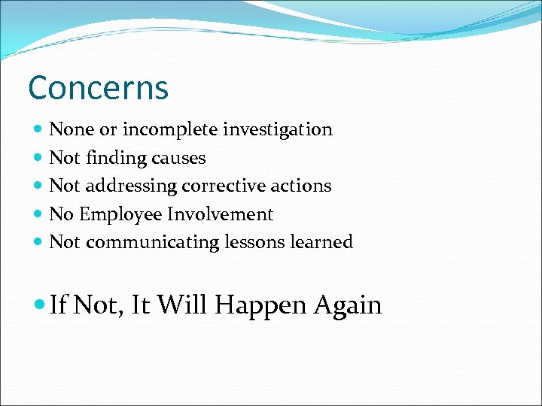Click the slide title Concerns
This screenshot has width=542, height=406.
click(x=98, y=88)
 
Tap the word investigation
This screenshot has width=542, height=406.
click(x=279, y=130)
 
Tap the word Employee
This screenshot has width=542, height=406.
click(x=120, y=214)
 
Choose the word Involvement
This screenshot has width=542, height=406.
click(x=220, y=214)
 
